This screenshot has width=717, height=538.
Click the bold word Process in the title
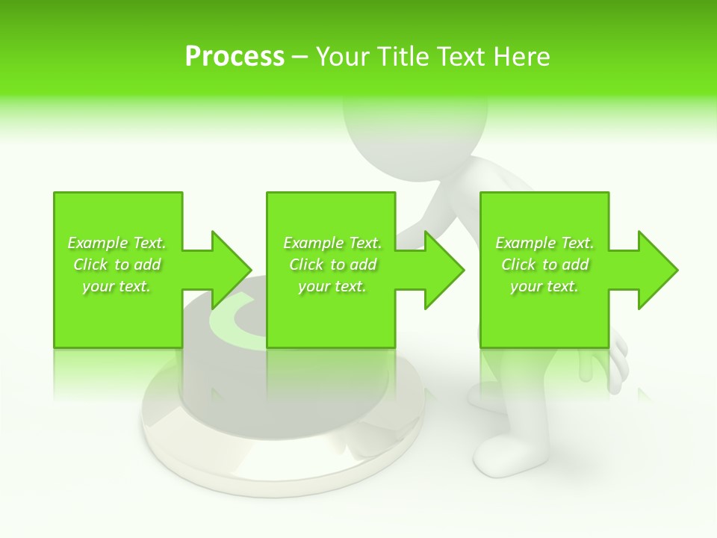235,57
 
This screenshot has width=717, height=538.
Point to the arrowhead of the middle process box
445,269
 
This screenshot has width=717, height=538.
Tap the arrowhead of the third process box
658,269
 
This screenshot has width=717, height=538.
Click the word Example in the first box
98,243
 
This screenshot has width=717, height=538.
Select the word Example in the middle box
314,243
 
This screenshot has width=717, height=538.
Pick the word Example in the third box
526,243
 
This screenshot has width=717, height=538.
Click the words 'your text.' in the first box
117,286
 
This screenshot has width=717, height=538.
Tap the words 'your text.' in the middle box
332,286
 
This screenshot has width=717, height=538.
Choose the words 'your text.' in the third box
544,286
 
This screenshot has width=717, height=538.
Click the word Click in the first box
90,265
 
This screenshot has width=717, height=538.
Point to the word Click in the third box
518,265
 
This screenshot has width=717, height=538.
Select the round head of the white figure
415,127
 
